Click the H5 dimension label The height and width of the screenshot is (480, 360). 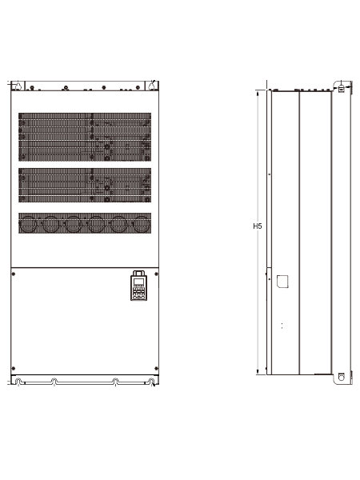[x=258, y=226]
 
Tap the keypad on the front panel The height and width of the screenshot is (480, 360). [x=138, y=286]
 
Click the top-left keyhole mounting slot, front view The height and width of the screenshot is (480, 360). [x=18, y=86]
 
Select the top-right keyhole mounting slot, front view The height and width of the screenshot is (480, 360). [x=152, y=86]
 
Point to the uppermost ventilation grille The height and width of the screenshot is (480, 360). [x=85, y=137]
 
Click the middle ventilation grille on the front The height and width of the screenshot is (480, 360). [x=85, y=185]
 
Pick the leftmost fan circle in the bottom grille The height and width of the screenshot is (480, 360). [x=29, y=224]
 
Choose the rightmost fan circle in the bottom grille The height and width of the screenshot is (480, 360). [x=142, y=224]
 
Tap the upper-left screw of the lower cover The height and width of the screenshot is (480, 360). [x=13, y=274]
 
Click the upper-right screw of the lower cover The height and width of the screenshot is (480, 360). [x=157, y=274]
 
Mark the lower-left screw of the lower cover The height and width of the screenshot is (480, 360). [x=13, y=368]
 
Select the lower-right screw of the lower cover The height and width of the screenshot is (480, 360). [x=157, y=368]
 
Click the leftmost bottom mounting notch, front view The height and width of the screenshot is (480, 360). [x=18, y=382]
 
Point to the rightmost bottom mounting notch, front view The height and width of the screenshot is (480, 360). [x=151, y=382]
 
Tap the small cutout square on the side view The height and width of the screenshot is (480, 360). [x=282, y=282]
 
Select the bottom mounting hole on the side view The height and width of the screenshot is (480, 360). [x=342, y=377]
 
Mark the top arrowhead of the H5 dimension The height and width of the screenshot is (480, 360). [x=258, y=93]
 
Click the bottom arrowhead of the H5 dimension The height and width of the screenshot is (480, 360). [x=258, y=372]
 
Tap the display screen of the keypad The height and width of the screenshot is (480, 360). [x=139, y=282]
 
